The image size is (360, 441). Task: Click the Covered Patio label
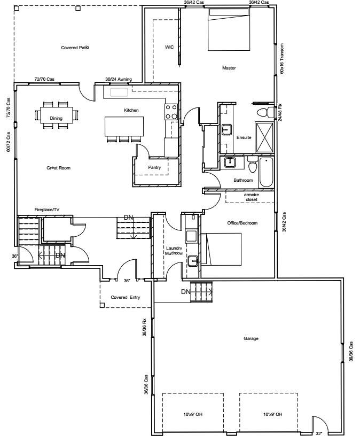point(75,48)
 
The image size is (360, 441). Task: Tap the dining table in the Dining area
point(57,115)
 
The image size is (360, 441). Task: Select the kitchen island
point(124,126)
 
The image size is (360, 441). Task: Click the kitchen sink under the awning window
point(119,92)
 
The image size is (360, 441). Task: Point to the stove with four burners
point(171,112)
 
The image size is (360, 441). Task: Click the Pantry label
point(154,167)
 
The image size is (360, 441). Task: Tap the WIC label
point(169,47)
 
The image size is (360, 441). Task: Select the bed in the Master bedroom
point(229,29)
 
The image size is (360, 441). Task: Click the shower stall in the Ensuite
point(264,137)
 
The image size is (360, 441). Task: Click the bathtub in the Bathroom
point(266,173)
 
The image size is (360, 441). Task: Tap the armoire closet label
point(252,197)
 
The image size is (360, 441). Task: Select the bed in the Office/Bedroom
point(221,249)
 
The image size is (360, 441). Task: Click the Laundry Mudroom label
point(174,251)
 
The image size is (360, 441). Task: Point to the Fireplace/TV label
point(47,210)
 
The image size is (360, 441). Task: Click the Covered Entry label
point(126,297)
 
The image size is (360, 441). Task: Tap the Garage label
point(251,338)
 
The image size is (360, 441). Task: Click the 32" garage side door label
point(319,434)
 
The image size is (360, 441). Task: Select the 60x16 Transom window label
point(282,58)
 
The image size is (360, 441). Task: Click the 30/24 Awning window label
point(119,79)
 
